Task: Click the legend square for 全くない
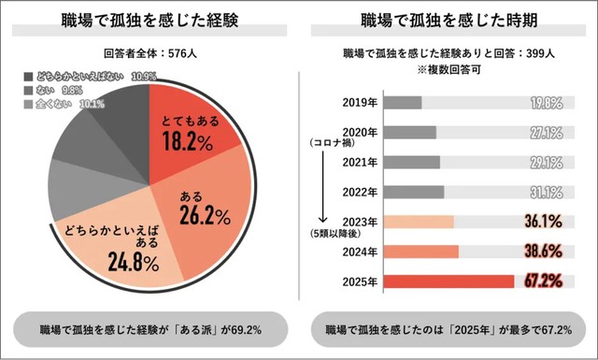pos(27,104)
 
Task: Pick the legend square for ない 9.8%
pos(27,90)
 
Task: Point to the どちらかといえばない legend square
pos(27,75)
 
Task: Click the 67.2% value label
pos(546,281)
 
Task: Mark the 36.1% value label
pos(546,222)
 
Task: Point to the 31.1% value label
pos(546,192)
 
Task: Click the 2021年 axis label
pos(359,162)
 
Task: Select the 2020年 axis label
pos(359,132)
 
